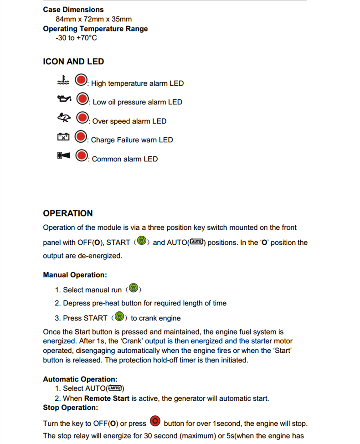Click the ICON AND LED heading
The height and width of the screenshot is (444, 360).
coord(73,62)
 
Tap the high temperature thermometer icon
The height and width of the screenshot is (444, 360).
coord(62,80)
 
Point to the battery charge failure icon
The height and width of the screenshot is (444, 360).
coord(63,136)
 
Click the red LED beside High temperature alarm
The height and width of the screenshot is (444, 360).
coord(81,80)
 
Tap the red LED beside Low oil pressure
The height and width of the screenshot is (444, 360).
coord(82,99)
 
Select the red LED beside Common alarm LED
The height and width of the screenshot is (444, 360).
coord(81,156)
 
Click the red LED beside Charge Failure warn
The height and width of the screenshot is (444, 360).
coord(81,136)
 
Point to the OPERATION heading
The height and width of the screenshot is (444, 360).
coord(68,213)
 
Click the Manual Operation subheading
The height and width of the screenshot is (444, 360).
coord(75,275)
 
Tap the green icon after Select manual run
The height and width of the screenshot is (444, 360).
coord(134,288)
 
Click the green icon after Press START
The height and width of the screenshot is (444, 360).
coord(119,316)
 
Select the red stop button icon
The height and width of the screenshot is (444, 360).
coord(155,421)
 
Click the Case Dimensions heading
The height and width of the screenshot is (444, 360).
coord(73,9)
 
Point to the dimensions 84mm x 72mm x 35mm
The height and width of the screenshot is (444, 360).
coord(93,19)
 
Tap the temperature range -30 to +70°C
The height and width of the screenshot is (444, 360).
coord(76,38)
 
